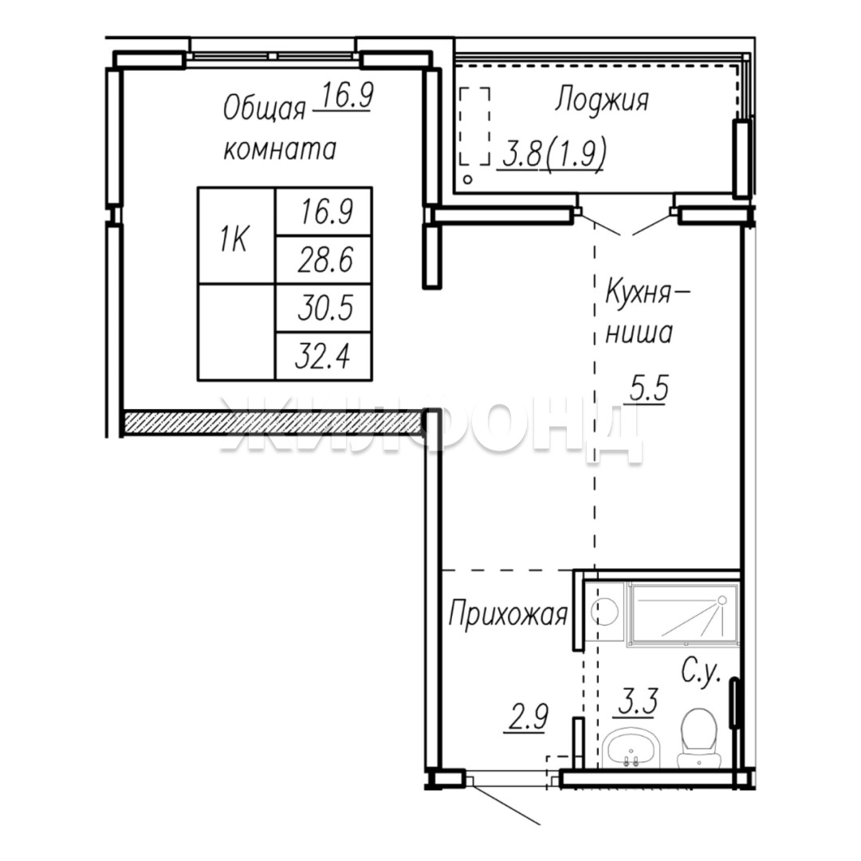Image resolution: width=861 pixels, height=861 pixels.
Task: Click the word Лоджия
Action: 602,101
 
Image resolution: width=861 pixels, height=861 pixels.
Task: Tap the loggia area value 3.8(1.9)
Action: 553,155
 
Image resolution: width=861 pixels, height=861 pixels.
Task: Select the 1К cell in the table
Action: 236,236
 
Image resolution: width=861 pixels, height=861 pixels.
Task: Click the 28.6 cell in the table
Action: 324,260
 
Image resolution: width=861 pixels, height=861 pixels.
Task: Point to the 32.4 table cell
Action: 324,356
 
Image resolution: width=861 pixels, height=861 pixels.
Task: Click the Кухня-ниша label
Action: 646,312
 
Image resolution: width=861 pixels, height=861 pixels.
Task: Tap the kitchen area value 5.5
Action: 649,389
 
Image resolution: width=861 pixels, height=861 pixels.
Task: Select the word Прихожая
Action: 508,615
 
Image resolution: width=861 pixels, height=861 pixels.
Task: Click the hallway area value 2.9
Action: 527,717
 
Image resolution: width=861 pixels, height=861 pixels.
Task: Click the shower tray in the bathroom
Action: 684,613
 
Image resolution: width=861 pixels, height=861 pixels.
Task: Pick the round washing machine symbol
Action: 604,611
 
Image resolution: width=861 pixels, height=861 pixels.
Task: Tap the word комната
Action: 280,149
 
